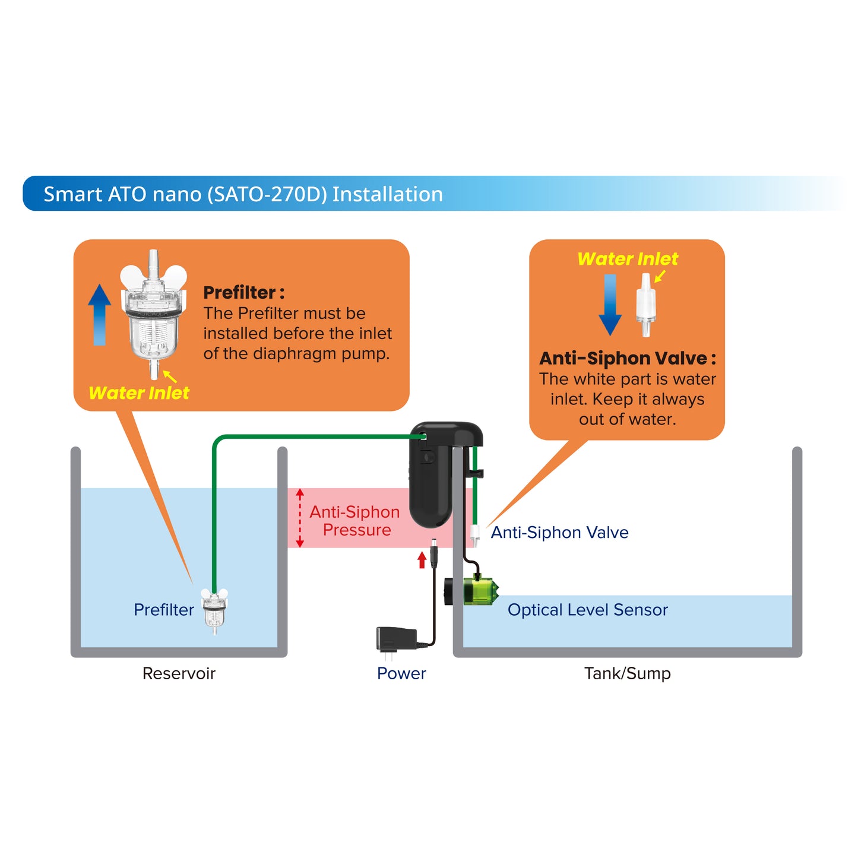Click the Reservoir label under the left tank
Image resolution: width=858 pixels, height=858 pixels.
179,673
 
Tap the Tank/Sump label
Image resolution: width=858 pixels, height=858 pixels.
627,673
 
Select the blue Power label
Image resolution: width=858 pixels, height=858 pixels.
401,673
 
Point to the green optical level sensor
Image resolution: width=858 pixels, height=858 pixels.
480,591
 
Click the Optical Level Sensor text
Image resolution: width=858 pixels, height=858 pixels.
587,610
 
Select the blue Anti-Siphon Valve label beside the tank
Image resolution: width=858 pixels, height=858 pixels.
559,533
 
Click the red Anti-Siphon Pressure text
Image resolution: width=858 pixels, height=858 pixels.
355,521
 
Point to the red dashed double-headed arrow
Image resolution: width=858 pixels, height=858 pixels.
300,518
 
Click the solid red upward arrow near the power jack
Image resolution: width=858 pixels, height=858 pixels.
422,559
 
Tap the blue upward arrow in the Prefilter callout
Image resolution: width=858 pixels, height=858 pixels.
100,315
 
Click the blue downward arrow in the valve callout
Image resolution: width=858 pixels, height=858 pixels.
610,305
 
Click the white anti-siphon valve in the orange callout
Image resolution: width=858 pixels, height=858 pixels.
645,304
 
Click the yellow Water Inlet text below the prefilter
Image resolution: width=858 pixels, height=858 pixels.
139,393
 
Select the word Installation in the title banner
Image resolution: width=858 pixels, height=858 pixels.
387,194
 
